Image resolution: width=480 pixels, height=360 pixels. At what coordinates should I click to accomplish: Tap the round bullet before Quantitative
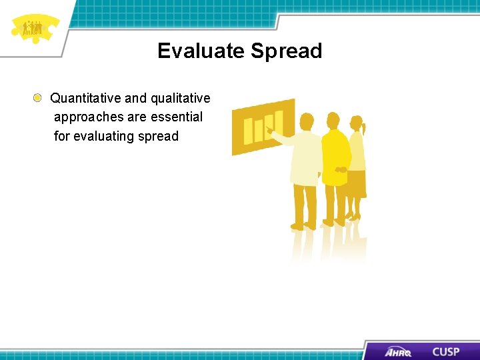coord(39,98)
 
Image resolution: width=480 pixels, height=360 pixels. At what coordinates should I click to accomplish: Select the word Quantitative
coord(85,98)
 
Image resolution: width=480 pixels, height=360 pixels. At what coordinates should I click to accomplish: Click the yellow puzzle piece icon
coord(33,28)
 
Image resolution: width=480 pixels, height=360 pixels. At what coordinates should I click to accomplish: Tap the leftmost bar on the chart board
coord(248,131)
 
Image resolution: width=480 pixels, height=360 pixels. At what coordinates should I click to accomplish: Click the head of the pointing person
coord(307,121)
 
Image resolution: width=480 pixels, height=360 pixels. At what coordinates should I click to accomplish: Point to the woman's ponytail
coord(363,125)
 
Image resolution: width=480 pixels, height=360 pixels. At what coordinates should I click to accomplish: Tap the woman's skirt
coord(355,183)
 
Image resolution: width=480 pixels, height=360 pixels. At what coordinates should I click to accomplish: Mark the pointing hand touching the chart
coord(270,131)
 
